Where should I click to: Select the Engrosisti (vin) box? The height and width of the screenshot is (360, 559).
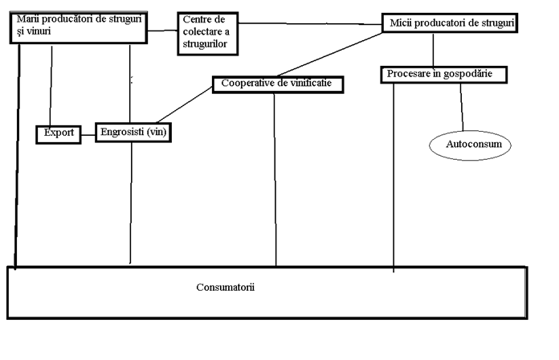(135, 133)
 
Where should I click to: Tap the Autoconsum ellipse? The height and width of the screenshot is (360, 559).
(470, 145)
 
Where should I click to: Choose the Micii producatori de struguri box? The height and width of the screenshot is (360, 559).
(447, 24)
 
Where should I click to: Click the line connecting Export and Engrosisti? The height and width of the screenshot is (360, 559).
(89, 134)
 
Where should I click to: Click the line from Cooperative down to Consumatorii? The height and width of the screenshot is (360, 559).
(275, 177)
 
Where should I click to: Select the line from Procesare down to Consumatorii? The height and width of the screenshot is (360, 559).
(394, 177)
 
